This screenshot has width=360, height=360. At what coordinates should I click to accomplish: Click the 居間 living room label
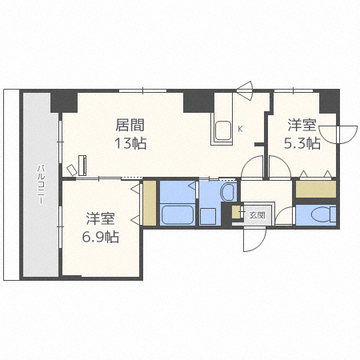coord(130,125)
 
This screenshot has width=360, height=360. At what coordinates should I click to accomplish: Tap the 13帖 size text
coord(130,143)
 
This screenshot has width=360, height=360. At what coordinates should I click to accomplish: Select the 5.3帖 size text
coord(302,143)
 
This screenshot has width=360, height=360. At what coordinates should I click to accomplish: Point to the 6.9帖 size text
coord(100,237)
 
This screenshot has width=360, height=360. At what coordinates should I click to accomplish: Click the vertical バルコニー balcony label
coord(41,185)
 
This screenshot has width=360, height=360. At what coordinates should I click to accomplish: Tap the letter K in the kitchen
coord(240,130)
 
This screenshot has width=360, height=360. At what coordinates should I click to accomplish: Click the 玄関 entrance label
coord(257,215)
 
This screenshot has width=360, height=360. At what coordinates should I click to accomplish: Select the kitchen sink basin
coord(223,130)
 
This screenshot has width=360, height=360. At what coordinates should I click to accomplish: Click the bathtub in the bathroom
coord(177,214)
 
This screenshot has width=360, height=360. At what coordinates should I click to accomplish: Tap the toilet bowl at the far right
coord(321,215)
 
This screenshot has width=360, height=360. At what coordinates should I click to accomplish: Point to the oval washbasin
coord(228,191)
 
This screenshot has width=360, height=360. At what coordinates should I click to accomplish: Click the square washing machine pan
coord(208,216)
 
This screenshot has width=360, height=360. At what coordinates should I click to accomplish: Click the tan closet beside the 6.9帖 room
coord(150,203)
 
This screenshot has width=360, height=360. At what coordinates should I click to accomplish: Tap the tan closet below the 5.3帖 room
coord(316,189)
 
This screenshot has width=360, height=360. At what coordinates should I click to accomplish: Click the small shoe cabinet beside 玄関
coord(236,212)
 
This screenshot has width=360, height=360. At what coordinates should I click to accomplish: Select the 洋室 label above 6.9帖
coord(100,218)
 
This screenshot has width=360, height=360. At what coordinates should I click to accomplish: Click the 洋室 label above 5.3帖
coord(302,125)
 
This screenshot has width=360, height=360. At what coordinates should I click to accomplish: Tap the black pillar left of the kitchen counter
coord(198,102)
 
